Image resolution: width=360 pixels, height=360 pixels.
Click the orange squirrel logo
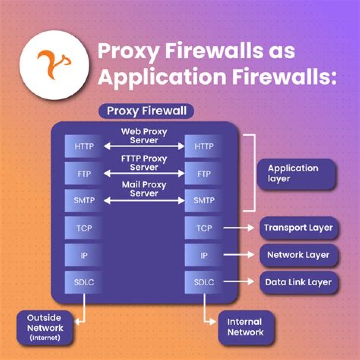point(54,64)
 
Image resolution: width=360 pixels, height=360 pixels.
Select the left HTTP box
point(84,146)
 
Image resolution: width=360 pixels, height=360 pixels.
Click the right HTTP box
point(204,146)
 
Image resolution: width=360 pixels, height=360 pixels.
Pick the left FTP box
point(84,174)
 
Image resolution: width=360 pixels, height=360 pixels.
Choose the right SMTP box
point(204,201)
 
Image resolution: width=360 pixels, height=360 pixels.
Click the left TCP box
point(84,228)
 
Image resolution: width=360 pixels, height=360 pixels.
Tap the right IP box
point(204,255)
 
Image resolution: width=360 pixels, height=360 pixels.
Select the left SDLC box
point(84,282)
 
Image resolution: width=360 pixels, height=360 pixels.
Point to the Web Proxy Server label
point(144,136)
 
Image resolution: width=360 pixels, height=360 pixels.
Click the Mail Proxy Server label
point(144,189)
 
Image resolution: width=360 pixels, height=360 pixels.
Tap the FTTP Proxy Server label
point(144,163)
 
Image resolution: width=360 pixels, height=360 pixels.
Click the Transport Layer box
point(298,228)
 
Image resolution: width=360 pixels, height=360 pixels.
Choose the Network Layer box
point(298,255)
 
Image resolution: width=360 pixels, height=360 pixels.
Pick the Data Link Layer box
point(298,282)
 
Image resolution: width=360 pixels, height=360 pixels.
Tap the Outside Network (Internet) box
point(45,328)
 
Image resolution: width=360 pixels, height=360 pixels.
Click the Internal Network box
point(246,328)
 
